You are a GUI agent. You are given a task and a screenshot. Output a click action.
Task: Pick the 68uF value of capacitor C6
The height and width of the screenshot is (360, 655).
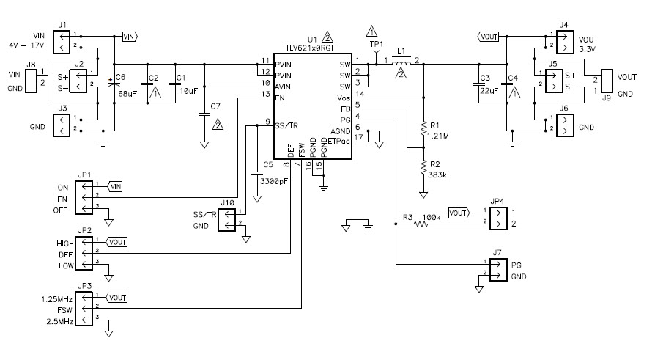[126, 95]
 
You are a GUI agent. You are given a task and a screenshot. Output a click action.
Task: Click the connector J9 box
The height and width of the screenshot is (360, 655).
[607, 82]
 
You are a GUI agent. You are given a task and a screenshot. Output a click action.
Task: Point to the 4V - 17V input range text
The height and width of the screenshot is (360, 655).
[27, 45]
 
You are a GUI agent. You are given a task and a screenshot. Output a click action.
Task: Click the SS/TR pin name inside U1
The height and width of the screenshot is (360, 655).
[285, 126]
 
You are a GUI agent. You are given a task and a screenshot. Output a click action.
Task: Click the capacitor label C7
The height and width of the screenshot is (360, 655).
[215, 107]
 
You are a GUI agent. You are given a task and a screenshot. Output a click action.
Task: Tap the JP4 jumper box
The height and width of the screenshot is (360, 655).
[497, 218]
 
